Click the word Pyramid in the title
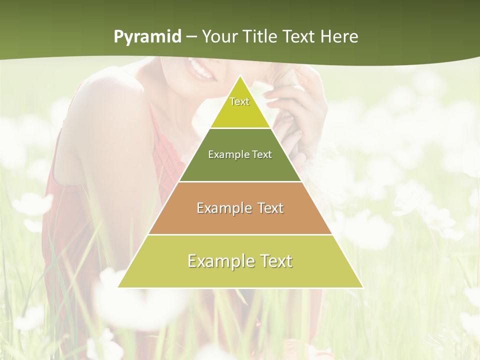pos(147,37)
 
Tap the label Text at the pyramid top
pos(239,101)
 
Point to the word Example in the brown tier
pos(223,208)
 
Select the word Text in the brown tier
pos(269,208)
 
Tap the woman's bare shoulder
pos(100,100)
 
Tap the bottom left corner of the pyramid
pos(119,287)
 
